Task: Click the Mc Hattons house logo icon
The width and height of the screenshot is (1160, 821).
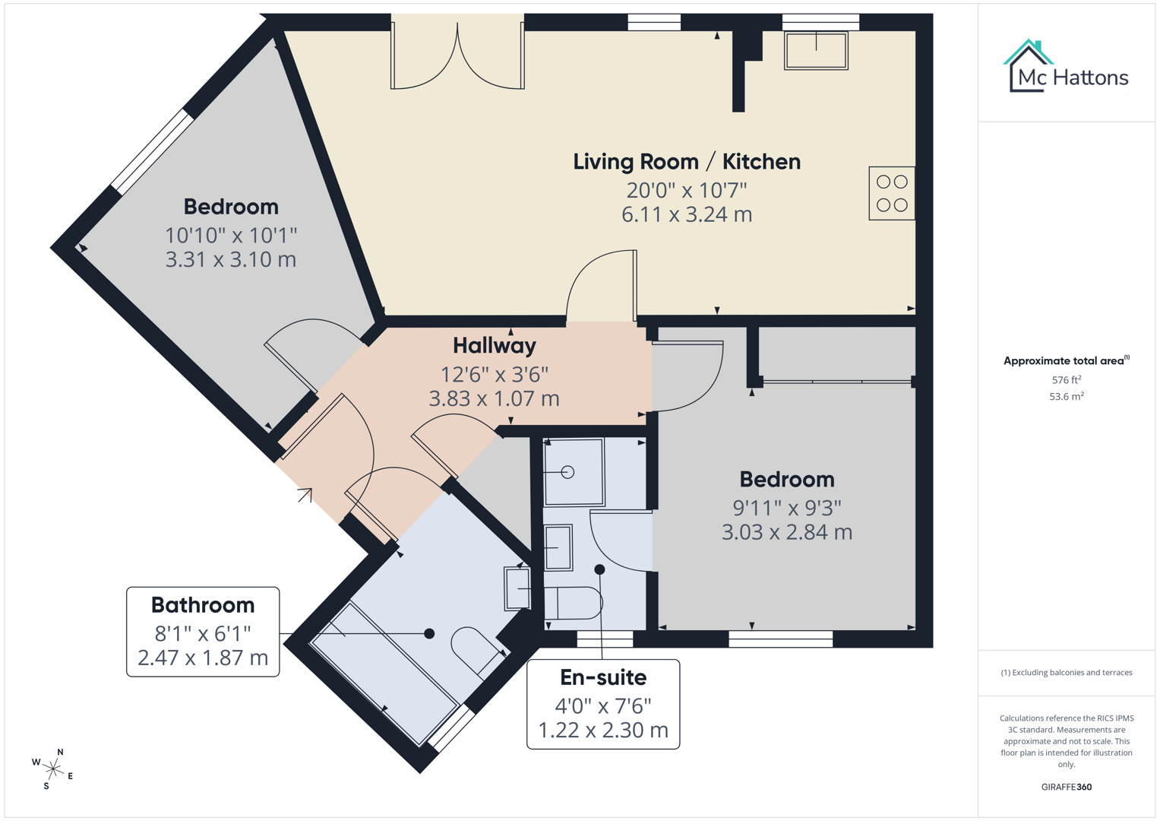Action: tap(1028, 66)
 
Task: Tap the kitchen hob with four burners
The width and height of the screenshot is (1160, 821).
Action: tap(892, 194)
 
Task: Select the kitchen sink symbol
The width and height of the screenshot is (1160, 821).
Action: tap(816, 51)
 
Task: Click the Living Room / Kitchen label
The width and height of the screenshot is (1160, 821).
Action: tap(686, 161)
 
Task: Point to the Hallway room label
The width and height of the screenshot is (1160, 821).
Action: tap(495, 346)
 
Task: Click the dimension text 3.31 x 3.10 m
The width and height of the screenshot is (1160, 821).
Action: tap(231, 259)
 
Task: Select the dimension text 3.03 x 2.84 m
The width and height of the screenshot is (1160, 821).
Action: tap(786, 532)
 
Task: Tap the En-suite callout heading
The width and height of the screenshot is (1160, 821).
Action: tap(603, 677)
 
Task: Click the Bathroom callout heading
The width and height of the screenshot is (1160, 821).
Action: tap(203, 605)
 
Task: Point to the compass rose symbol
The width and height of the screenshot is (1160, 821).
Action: tap(53, 769)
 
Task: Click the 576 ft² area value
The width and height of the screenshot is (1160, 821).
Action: tap(1066, 380)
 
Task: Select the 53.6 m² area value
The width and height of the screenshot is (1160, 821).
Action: tap(1066, 397)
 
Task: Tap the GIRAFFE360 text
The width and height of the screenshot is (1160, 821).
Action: tap(1066, 787)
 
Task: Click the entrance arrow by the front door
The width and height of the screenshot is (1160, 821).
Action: tap(305, 495)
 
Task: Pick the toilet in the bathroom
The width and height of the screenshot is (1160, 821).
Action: tap(475, 648)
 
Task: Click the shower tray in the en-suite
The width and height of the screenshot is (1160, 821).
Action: tap(574, 472)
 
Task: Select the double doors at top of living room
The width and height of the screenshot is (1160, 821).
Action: tap(457, 57)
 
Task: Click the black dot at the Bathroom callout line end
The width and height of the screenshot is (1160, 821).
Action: tap(429, 633)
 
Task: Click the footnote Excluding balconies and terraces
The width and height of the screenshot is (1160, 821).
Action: tap(1066, 673)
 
